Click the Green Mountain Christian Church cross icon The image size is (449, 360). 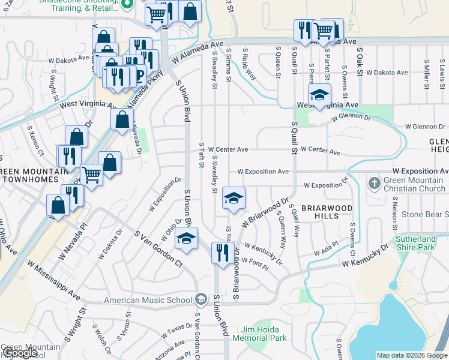[373, 182]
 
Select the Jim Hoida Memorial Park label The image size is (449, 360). [264, 334]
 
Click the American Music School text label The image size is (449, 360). [149, 299]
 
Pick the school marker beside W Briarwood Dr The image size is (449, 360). [234, 199]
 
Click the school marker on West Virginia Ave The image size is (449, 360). [319, 95]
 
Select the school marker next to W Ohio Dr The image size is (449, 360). [186, 239]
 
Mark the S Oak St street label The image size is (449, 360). [360, 62]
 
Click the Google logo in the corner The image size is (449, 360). [19, 353]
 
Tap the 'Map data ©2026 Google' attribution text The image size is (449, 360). [412, 355]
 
